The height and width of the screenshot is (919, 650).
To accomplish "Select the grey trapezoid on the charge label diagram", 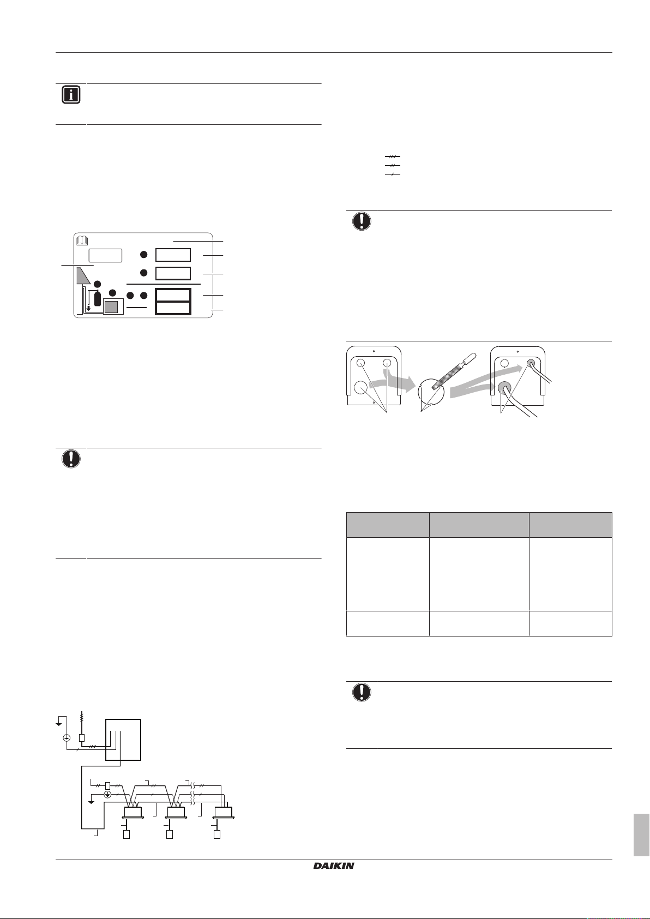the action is [x=82, y=276].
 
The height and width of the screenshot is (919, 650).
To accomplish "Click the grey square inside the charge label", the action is [x=111, y=307].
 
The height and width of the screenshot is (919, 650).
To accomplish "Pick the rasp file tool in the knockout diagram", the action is [x=452, y=371].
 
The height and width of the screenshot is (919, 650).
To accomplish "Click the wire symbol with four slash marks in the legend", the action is [x=393, y=157].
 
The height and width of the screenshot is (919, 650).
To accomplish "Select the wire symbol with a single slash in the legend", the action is [x=393, y=174].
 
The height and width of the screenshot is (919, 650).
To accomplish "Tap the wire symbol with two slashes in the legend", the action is [x=393, y=165].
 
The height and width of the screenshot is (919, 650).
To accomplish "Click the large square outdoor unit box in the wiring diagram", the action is [x=123, y=740].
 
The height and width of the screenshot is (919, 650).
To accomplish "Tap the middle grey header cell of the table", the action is [x=479, y=525].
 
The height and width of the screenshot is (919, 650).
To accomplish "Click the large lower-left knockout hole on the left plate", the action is [x=360, y=388].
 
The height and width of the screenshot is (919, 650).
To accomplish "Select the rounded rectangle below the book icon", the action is [x=106, y=256].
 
